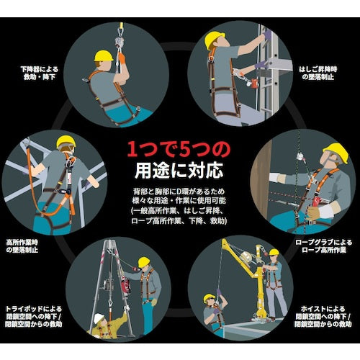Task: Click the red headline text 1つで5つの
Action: (179, 149)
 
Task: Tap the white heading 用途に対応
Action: (179, 171)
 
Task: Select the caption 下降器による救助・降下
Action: (40, 73)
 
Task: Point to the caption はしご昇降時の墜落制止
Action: (318, 73)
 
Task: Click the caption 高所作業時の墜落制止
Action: (22, 246)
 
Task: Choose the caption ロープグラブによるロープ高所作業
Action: (323, 246)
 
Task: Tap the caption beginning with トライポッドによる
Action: (34, 316)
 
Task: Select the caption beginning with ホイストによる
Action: (323, 316)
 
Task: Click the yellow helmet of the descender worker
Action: (104, 55)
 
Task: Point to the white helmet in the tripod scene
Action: (99, 318)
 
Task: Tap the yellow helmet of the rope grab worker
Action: (336, 153)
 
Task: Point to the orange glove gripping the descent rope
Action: (122, 58)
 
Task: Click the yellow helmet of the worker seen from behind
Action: (66, 142)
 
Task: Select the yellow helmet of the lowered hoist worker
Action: (209, 298)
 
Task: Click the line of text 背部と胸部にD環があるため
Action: (179, 192)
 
